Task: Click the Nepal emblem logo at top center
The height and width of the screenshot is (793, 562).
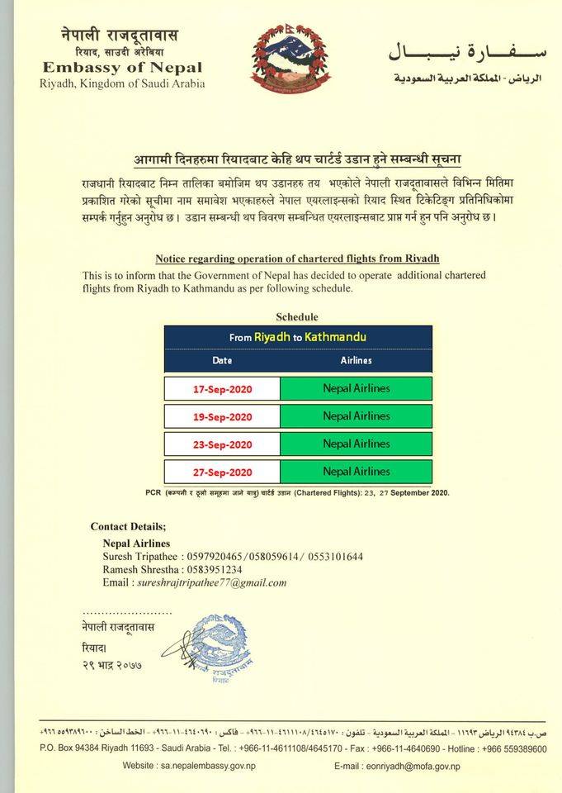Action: tap(290, 59)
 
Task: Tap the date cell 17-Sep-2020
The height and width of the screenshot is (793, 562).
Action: tap(223, 389)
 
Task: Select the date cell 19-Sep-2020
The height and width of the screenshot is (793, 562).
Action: tap(223, 417)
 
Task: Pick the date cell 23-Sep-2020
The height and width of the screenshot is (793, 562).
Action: tap(223, 444)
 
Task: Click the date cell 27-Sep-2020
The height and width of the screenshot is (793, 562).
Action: tap(223, 472)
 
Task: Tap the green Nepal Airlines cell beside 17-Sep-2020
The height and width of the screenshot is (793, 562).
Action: tap(356, 388)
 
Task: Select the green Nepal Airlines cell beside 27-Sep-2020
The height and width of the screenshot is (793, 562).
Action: tap(356, 472)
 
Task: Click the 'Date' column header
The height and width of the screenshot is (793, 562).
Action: tap(222, 361)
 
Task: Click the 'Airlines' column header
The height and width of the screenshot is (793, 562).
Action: tap(356, 361)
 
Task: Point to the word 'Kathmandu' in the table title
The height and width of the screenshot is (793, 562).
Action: tap(335, 337)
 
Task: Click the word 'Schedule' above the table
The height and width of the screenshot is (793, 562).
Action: tap(297, 317)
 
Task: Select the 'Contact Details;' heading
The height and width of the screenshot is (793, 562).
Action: tap(128, 527)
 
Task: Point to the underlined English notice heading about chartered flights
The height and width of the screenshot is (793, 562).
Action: tap(297, 259)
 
